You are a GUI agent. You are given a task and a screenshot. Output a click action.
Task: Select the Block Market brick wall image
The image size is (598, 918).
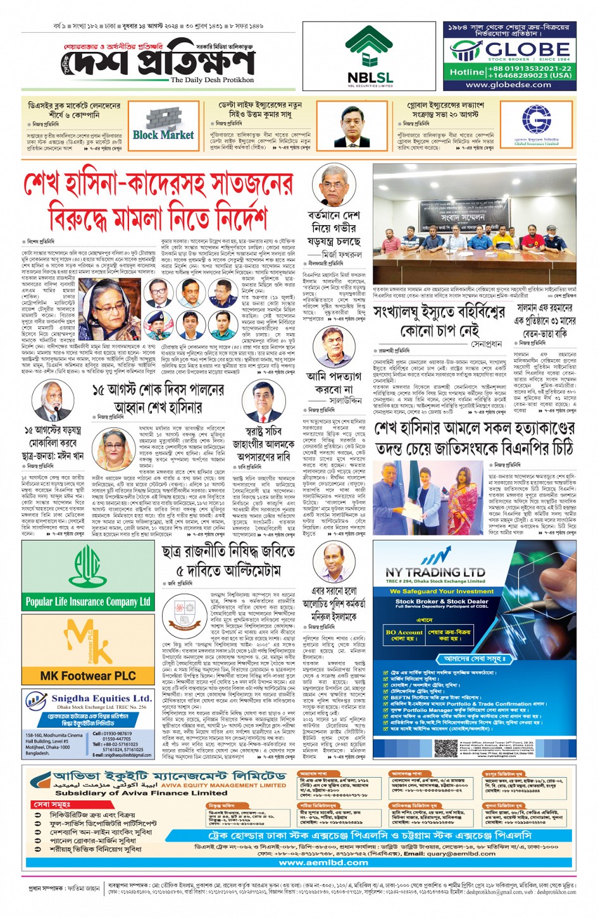coord(163,123)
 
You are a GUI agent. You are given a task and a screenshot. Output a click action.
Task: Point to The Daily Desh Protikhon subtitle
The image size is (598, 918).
coord(212,80)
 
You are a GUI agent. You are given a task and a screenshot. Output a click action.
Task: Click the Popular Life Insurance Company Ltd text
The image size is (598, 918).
coord(88,601)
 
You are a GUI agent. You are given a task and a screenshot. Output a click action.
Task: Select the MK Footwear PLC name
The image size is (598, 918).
coord(88,676)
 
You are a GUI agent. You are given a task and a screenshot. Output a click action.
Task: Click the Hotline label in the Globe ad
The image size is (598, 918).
coord(466,72)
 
